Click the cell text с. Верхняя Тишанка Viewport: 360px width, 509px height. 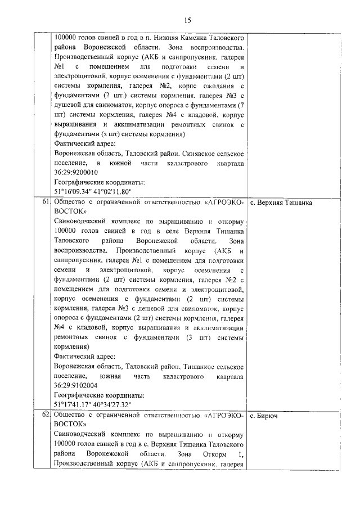point(281,202)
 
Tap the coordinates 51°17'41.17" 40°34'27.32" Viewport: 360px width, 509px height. point(92,405)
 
